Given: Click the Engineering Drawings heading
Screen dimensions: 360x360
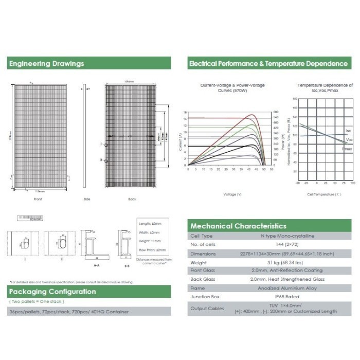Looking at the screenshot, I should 46,64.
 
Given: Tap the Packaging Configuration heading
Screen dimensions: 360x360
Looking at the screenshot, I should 52,292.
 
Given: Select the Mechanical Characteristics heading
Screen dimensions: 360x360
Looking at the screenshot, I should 238,226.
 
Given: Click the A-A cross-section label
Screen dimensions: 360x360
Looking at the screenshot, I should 97,266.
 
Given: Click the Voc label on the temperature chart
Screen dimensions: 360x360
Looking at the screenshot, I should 349,139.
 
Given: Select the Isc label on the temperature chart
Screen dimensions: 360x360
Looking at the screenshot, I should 349,131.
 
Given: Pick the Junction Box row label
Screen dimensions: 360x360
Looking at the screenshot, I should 205,296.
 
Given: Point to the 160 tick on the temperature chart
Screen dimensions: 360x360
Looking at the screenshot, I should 295,98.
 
